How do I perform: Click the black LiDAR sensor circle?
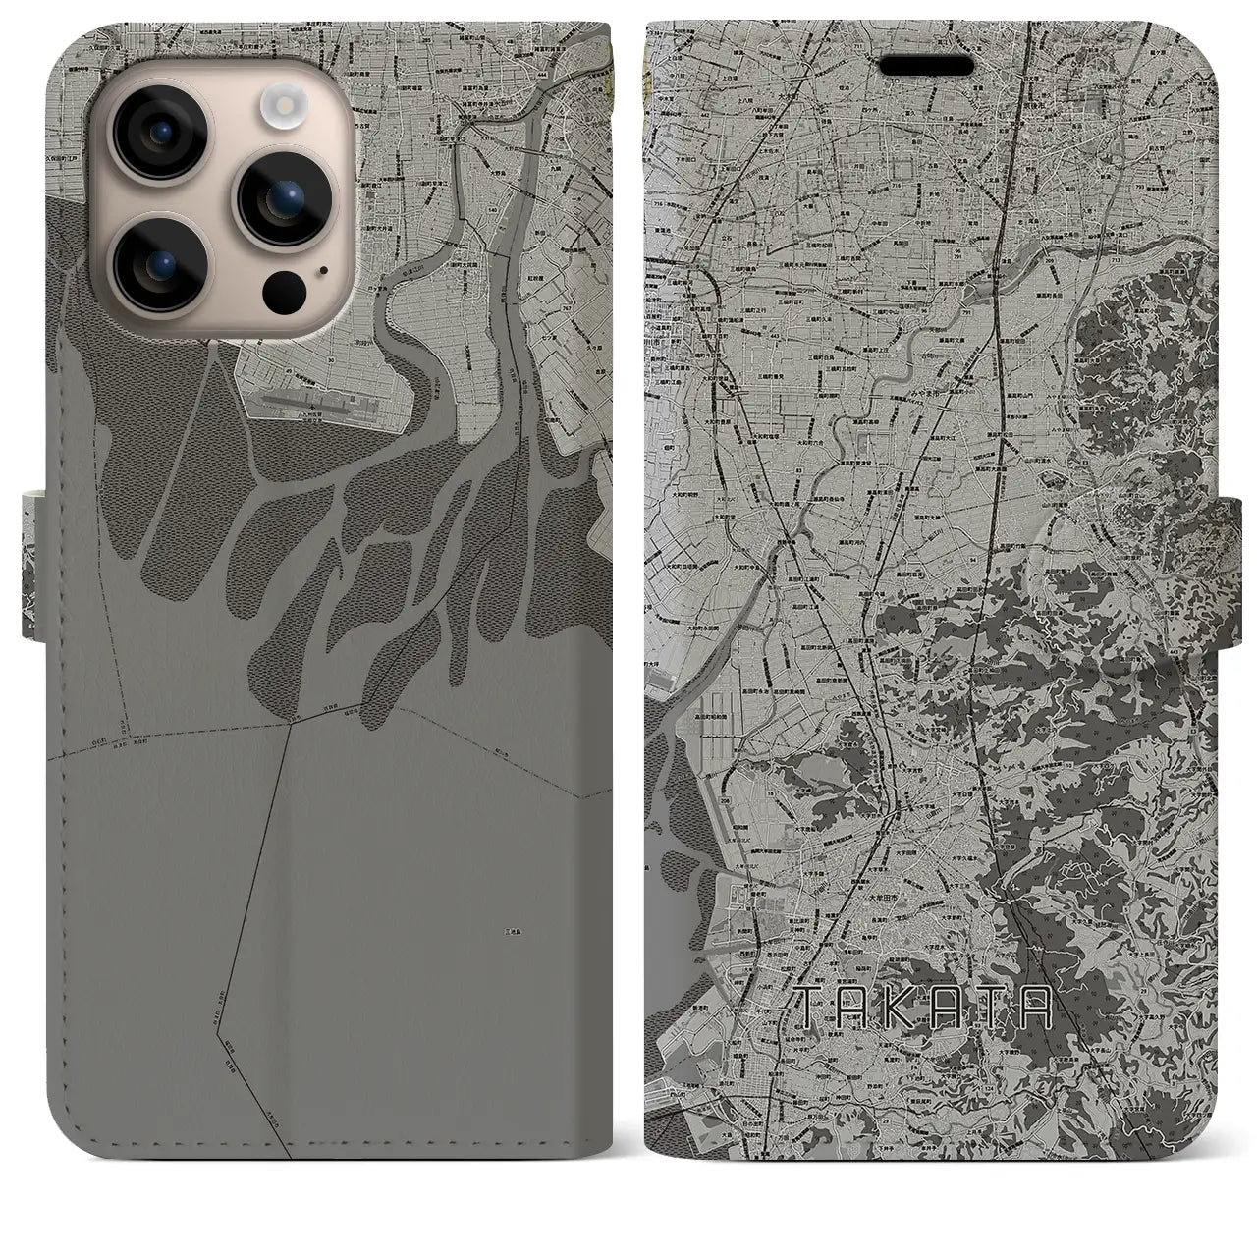[283, 289]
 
